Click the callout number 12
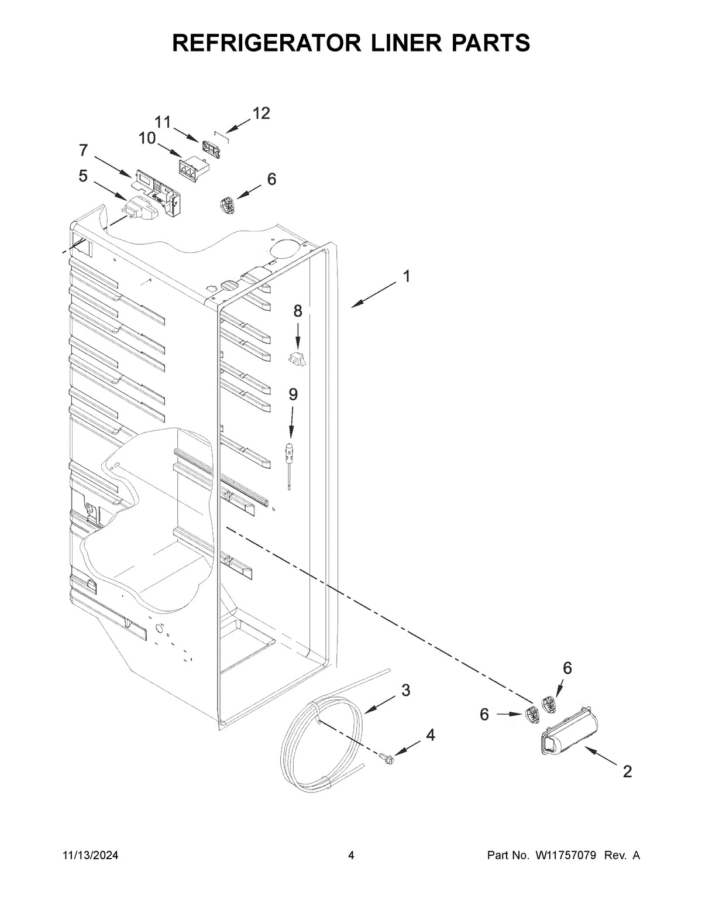(x=261, y=114)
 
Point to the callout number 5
(x=84, y=176)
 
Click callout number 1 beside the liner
(x=405, y=276)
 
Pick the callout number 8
(x=298, y=311)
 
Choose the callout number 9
(x=292, y=395)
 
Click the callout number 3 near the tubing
(x=405, y=690)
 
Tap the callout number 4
(x=430, y=735)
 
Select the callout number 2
(x=627, y=772)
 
